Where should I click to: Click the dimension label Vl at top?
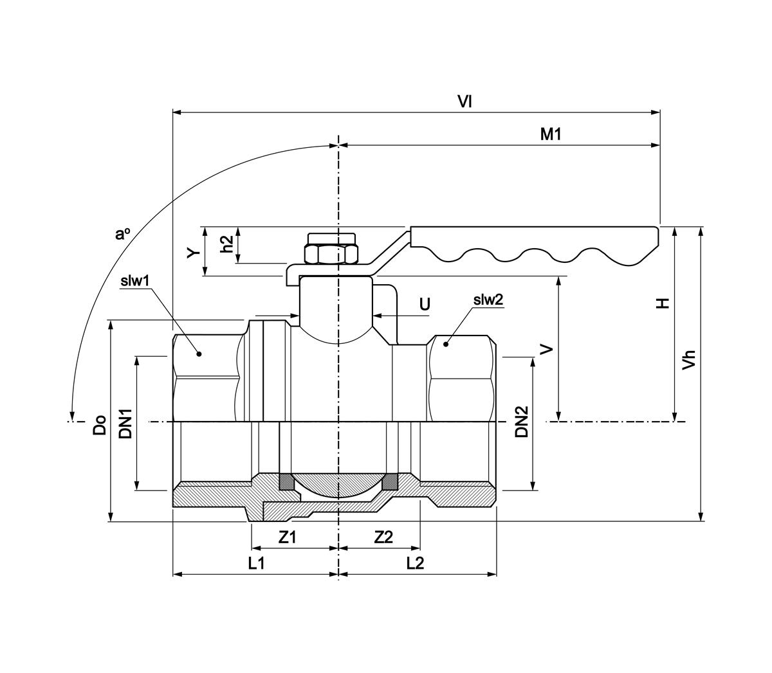pos(465,101)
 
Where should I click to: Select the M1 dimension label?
pos(551,134)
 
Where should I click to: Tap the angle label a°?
pos(123,234)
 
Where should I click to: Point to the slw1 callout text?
pos(135,280)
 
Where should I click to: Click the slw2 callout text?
pos(488,300)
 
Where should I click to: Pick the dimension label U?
pos(425,303)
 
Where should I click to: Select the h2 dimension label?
pos(226,244)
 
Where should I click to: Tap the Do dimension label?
pos(100,425)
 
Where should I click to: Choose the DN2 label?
pos(522,422)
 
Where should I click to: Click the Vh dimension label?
pos(689,360)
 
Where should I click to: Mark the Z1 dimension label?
pos(288,537)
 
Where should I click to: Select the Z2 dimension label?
pos(383,537)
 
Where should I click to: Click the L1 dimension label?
pos(257,563)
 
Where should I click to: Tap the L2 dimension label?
pos(416,563)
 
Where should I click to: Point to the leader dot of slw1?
pos(199,354)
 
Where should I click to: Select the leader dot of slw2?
pos(445,345)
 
